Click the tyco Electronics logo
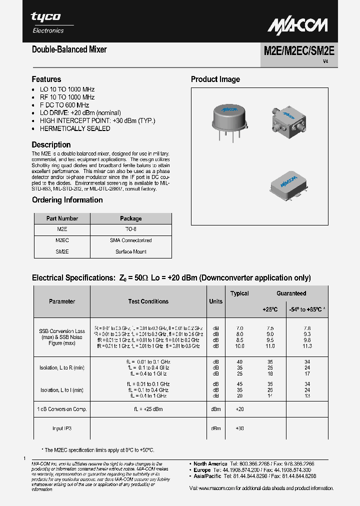click(x=47, y=22)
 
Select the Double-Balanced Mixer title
click(x=69, y=49)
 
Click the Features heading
click(x=46, y=79)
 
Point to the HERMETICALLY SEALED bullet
click(x=75, y=128)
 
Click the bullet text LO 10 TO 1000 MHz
click(x=67, y=89)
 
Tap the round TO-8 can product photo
click(x=229, y=118)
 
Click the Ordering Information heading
click(x=67, y=200)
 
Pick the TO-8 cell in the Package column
click(x=130, y=229)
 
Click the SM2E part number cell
click(x=62, y=252)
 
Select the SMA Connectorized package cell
click(x=130, y=240)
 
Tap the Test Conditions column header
click(x=148, y=301)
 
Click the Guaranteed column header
click(x=291, y=293)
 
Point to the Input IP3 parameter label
click(x=62, y=428)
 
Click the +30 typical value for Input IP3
click(x=239, y=428)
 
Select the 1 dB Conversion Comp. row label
click(x=62, y=409)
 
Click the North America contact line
click(x=255, y=463)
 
